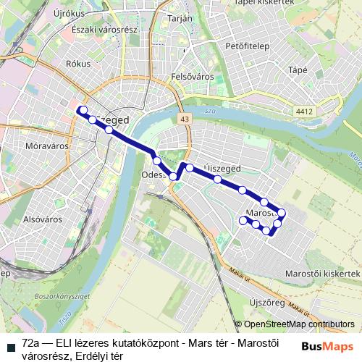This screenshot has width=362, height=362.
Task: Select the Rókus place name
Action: [x=77, y=64]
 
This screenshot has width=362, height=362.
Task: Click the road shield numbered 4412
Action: [x=304, y=111]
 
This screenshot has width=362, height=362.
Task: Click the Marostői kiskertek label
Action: [x=321, y=273]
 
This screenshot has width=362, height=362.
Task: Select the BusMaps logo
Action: [x=329, y=346]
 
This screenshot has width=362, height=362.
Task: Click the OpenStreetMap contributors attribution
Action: [x=299, y=324]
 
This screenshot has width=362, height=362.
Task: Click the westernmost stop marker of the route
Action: [x=83, y=110]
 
